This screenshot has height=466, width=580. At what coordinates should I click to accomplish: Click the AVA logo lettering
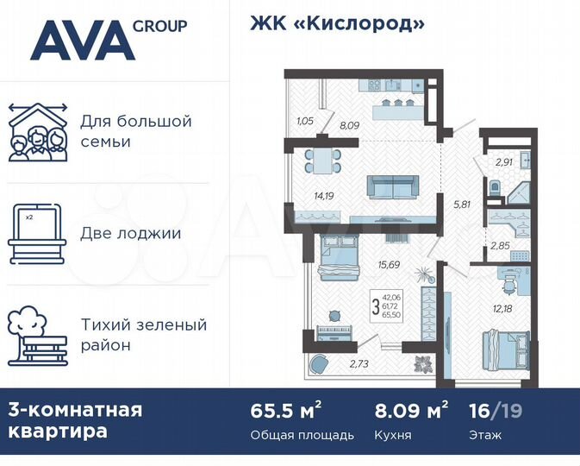tap(82, 41)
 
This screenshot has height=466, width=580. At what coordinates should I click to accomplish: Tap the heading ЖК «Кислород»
tap(337, 24)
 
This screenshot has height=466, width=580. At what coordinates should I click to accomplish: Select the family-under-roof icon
tap(37, 131)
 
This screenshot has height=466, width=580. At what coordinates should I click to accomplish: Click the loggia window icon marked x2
tap(37, 234)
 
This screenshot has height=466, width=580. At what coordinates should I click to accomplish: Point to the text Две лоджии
tap(130, 233)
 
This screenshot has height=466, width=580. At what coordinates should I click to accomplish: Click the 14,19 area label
tap(324, 196)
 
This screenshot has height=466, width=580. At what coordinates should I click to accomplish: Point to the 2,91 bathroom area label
tap(504, 161)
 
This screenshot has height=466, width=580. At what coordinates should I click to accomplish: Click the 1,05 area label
tap(303, 121)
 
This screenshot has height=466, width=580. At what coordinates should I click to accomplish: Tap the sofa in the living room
tap(392, 186)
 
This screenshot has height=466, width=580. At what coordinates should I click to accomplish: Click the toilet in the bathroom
tap(494, 187)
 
